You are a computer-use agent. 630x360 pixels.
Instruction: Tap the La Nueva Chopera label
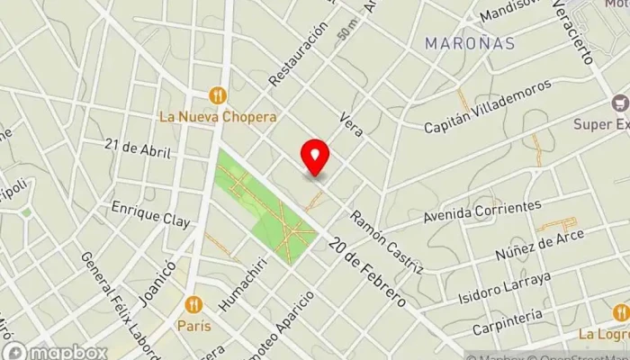pyautogui.click(x=217, y=116)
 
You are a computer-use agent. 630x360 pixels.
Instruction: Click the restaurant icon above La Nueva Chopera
pyautogui.click(x=217, y=94)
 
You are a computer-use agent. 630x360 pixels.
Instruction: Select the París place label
pyautogui.click(x=193, y=327)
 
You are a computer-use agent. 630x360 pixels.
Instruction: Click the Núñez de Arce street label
pyautogui.click(x=539, y=244)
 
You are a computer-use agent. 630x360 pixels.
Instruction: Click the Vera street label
pyautogui.click(x=351, y=124)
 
